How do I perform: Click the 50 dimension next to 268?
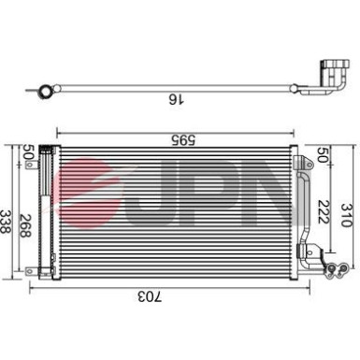click(29, 153)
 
